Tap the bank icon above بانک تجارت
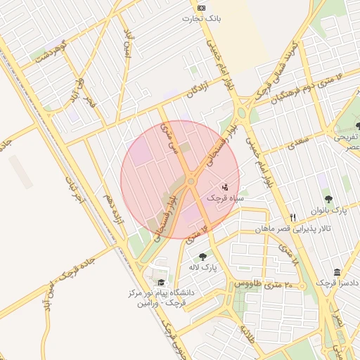(x=202, y=8)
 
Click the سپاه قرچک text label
(x=224, y=198)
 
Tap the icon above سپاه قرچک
(x=225, y=188)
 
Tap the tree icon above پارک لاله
(x=203, y=257)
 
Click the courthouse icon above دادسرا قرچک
(x=337, y=272)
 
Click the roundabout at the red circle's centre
(x=191, y=181)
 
